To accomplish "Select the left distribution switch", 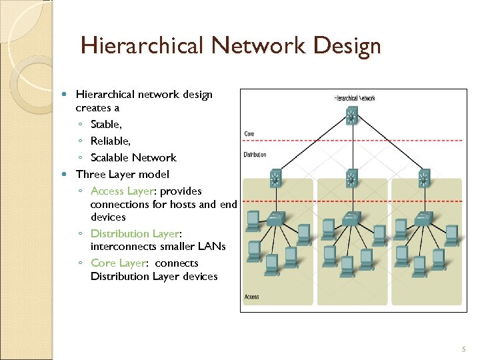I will point(275,179).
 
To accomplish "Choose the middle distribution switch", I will point(351,179).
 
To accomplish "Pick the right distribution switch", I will point(424,179).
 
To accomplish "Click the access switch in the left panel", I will point(275,218).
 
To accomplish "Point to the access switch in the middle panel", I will point(350,218).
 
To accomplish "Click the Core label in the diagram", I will point(249,134).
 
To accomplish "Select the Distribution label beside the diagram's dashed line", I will point(255,155).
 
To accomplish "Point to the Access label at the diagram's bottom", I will point(252,297).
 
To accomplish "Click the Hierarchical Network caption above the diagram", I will point(354,99).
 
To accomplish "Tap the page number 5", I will point(464,350).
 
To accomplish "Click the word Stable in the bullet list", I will point(106,124).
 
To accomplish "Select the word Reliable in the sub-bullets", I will point(110,141).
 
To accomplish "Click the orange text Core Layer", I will point(117,263).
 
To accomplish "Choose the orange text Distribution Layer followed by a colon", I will point(134,234).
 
